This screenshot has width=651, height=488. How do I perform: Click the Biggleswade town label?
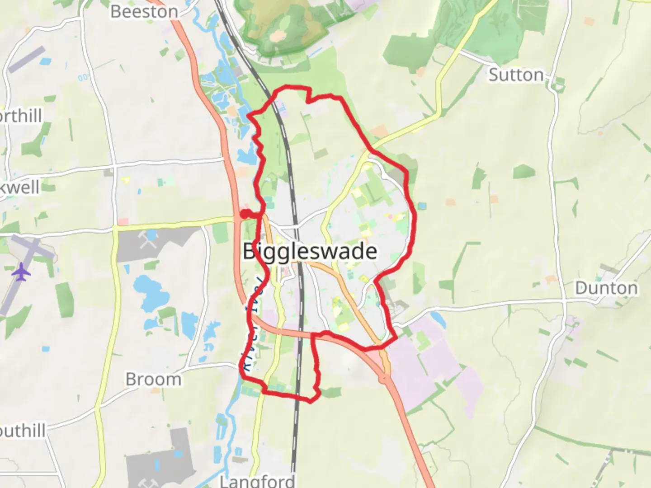(310, 251)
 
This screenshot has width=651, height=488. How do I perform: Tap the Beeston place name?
(144, 12)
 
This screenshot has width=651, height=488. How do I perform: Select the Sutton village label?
(516, 75)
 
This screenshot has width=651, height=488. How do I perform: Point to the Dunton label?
(606, 288)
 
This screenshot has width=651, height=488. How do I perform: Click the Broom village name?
(153, 379)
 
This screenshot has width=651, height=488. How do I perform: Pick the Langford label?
(257, 480)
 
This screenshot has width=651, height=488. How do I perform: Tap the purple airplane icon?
(21, 272)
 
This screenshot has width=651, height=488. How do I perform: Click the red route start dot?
(244, 214)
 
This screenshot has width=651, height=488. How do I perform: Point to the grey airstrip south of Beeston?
(27, 59)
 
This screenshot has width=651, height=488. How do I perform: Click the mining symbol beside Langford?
(146, 483)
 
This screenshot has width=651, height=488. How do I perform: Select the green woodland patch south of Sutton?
(524, 172)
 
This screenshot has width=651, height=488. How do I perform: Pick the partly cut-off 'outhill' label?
(23, 431)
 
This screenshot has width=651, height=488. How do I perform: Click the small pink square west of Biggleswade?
(123, 222)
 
